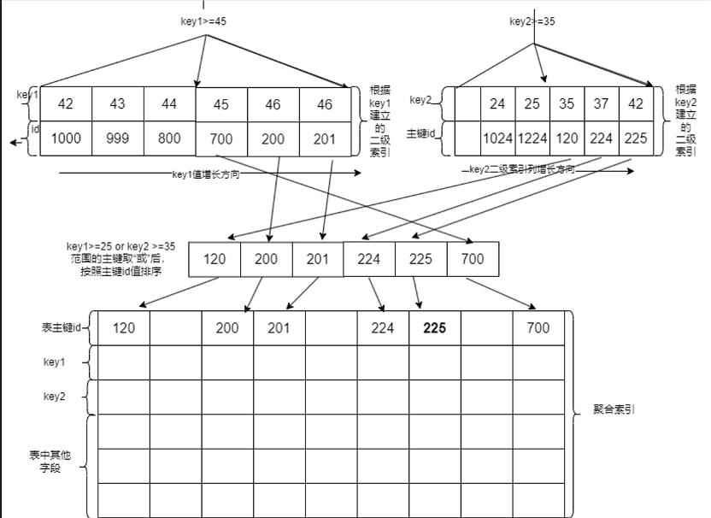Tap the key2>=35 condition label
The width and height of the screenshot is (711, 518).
click(x=532, y=21)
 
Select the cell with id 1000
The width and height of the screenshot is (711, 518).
click(x=66, y=138)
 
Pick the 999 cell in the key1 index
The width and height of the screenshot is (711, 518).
click(x=118, y=138)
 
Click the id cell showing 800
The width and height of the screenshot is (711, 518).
click(x=169, y=138)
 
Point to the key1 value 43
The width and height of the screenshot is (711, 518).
click(x=118, y=103)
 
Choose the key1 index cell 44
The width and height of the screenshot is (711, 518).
click(x=169, y=103)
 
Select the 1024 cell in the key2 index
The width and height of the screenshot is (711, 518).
click(x=497, y=138)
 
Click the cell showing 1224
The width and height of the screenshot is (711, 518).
click(x=532, y=138)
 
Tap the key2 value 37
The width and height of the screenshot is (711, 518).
click(x=602, y=104)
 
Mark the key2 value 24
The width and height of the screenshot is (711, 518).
click(x=497, y=104)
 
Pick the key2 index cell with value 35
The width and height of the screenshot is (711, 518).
click(x=567, y=104)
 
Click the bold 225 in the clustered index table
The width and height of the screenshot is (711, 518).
click(x=435, y=327)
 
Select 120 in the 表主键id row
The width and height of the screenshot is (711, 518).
click(x=124, y=327)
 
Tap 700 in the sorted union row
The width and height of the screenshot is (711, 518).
click(x=472, y=259)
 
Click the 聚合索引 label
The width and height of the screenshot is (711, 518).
click(x=614, y=409)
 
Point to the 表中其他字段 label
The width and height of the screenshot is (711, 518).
click(x=54, y=462)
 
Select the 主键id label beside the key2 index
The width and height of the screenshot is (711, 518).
click(x=422, y=133)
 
